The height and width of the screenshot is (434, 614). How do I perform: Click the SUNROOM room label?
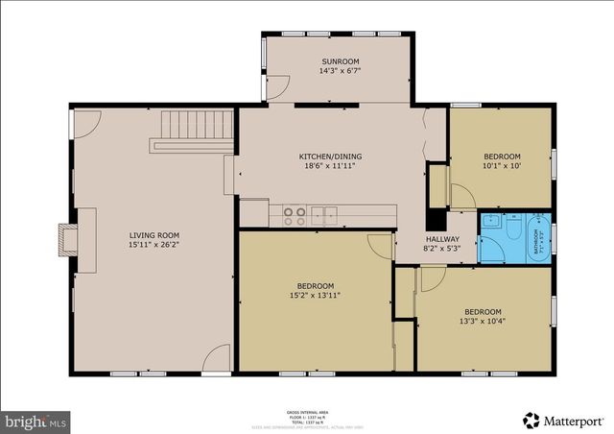[339, 61]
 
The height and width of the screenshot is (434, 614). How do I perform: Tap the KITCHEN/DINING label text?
[330, 157]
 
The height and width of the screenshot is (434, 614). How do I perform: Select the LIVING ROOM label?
[154, 235]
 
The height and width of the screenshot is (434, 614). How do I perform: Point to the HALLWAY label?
[442, 239]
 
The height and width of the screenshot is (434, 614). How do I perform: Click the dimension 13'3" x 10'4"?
[483, 322]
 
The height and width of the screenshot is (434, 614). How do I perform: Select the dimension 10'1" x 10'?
[502, 166]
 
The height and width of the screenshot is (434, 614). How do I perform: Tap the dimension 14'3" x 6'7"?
[339, 71]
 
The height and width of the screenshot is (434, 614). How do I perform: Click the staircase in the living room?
[197, 125]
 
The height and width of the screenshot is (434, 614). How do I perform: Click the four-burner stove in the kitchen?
[295, 214]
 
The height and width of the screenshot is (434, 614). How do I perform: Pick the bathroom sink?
[490, 220]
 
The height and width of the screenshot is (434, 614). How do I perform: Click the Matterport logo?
[563, 420]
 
